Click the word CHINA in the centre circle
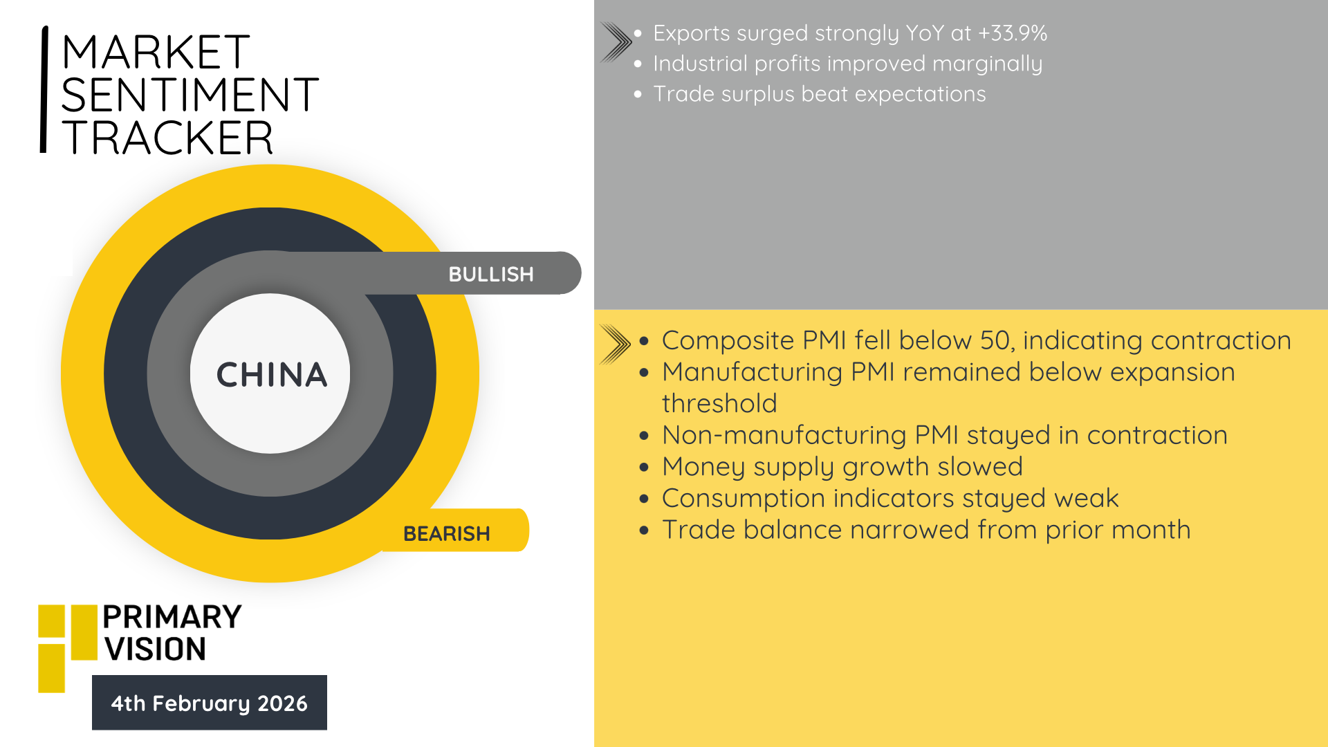click(x=271, y=375)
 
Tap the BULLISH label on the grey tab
click(x=491, y=275)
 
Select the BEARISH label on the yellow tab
click(x=447, y=534)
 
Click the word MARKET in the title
click(x=156, y=52)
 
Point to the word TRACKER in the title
click(x=167, y=137)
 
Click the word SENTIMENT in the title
click(x=190, y=95)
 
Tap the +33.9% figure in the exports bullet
click(x=1013, y=33)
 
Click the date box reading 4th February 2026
click(x=210, y=703)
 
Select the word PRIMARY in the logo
click(x=172, y=617)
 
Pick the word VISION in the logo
click(x=155, y=649)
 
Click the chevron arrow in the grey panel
click(x=616, y=42)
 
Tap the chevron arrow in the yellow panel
click(x=615, y=344)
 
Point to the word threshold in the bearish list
click(x=719, y=403)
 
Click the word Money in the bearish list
click(x=703, y=467)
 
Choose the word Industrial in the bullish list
click(x=700, y=64)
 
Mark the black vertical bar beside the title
click(x=44, y=89)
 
